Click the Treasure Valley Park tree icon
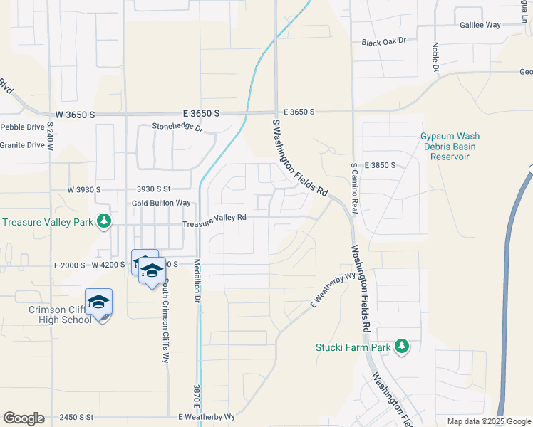tap(105, 221)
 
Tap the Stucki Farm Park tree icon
tap(402, 347)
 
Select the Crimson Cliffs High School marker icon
tap(99, 303)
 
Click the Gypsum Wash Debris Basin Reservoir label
tap(450, 146)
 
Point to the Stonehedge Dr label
tap(177, 127)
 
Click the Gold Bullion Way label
tap(161, 203)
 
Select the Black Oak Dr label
tap(383, 42)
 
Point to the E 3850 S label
tap(379, 164)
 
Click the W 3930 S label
tap(84, 190)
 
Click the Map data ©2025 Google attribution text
tap(490, 422)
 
